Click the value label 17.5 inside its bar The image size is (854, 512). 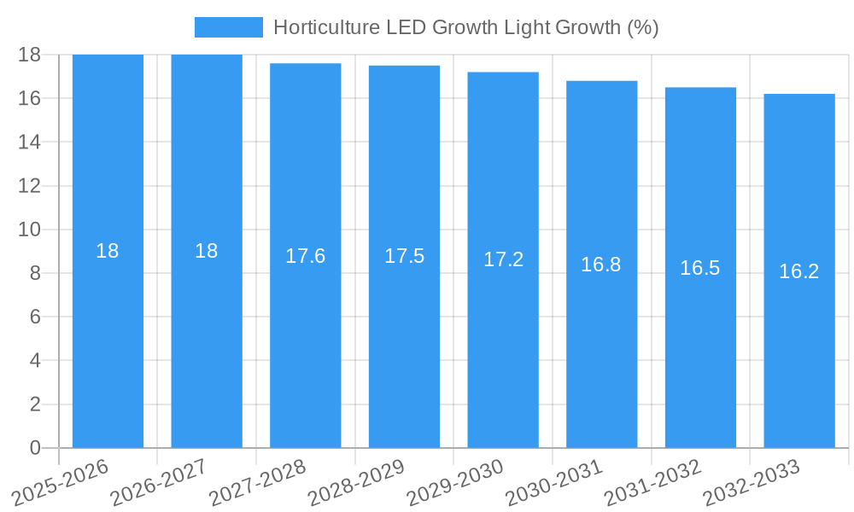(404, 256)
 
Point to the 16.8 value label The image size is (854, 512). (601, 265)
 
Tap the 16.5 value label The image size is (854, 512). (700, 268)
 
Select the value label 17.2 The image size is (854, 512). (503, 259)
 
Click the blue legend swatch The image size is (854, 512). (228, 27)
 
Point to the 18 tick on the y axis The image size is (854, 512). (29, 55)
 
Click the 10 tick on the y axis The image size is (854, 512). (29, 230)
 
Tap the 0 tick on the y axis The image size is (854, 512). (35, 448)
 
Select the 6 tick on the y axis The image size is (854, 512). (35, 317)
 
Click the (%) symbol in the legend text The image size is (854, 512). (642, 27)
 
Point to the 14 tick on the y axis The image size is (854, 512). (29, 142)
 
